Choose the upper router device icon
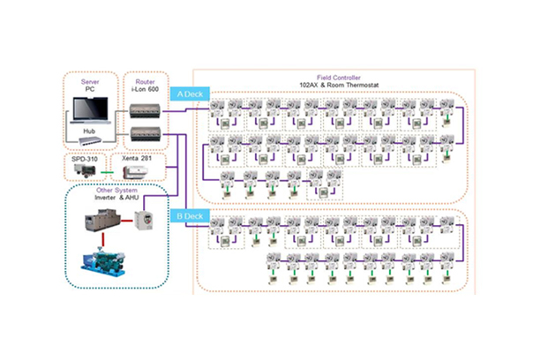[145, 109]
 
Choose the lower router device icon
[145, 132]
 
